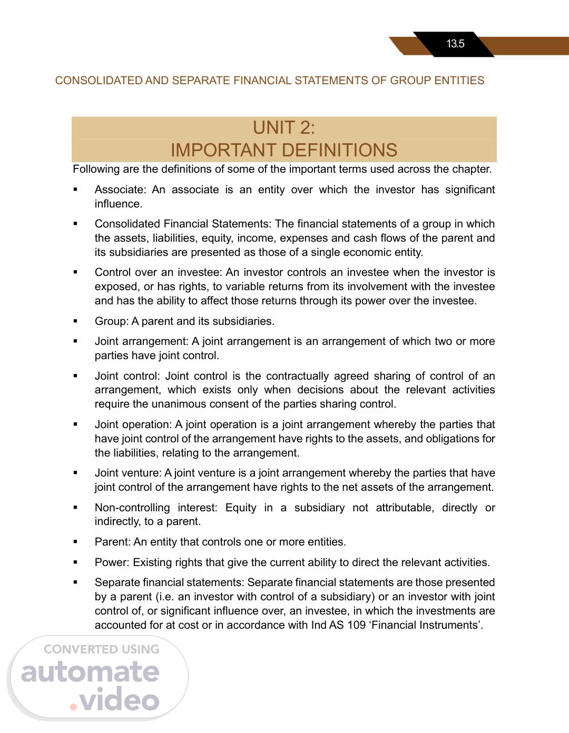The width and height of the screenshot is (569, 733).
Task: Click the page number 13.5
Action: pos(455,44)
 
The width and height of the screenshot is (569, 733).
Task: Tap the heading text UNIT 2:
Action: pos(284,127)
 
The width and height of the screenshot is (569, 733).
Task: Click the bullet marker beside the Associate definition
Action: pos(75,190)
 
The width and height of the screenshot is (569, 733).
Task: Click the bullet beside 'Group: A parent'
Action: pos(75,321)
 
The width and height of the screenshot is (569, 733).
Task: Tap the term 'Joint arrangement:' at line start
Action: pos(141,341)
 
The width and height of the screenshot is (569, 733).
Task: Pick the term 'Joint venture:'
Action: pos(128,473)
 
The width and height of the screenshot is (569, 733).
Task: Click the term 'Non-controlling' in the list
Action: pos(132,508)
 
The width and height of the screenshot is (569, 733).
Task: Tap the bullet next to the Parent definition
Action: pos(75,542)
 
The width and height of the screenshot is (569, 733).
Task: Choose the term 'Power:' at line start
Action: pos(112,562)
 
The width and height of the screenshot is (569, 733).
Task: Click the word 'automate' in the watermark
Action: pos(90,672)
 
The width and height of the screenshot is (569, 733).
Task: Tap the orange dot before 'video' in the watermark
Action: pos(74,706)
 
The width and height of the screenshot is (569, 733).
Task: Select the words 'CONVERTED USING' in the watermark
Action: pos(102,649)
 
